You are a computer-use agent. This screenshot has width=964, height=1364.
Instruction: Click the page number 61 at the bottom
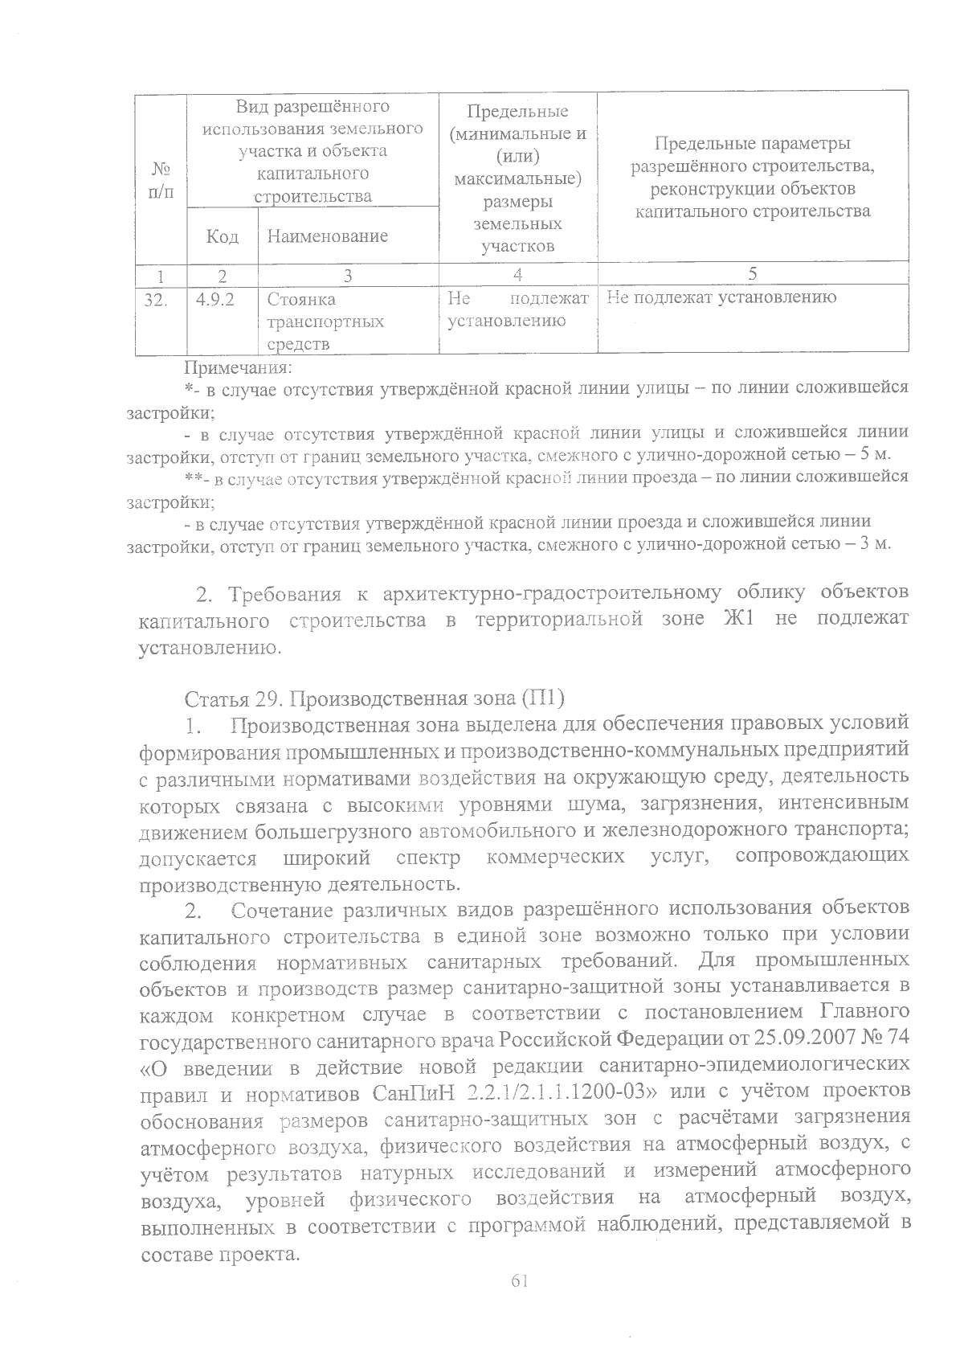point(518,1281)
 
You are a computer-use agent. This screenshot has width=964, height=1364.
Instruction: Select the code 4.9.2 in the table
point(214,298)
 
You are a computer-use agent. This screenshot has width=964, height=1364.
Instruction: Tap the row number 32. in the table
point(159,298)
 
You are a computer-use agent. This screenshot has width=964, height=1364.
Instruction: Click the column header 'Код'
point(222,236)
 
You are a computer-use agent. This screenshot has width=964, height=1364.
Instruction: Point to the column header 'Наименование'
point(327,236)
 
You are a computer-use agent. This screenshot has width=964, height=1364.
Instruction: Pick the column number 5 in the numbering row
point(752,273)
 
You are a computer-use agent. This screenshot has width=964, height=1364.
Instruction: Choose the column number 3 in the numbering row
point(347,274)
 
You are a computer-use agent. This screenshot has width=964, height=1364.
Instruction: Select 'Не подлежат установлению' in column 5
point(722,298)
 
